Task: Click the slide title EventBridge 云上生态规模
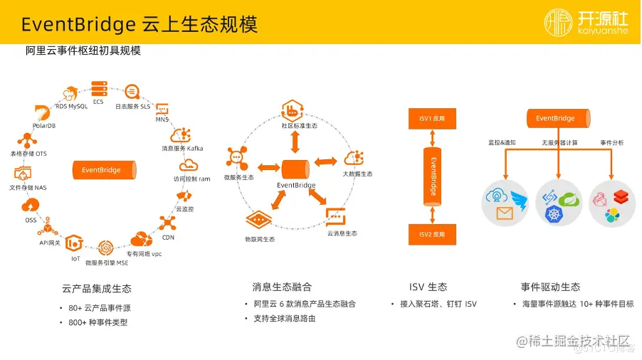pos(139,23)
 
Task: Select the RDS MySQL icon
pos(71,93)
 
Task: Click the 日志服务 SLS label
pos(133,106)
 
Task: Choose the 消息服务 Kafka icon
pos(182,134)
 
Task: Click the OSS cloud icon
pos(31,206)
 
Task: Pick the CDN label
pos(168,237)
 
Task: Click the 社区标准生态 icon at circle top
pos(294,110)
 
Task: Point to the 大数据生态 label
pos(357,174)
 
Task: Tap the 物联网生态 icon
pos(260,221)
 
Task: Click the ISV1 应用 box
pos(431,119)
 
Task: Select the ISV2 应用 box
pos(431,233)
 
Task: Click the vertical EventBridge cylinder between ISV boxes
pos(431,176)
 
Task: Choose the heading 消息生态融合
pos(282,287)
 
